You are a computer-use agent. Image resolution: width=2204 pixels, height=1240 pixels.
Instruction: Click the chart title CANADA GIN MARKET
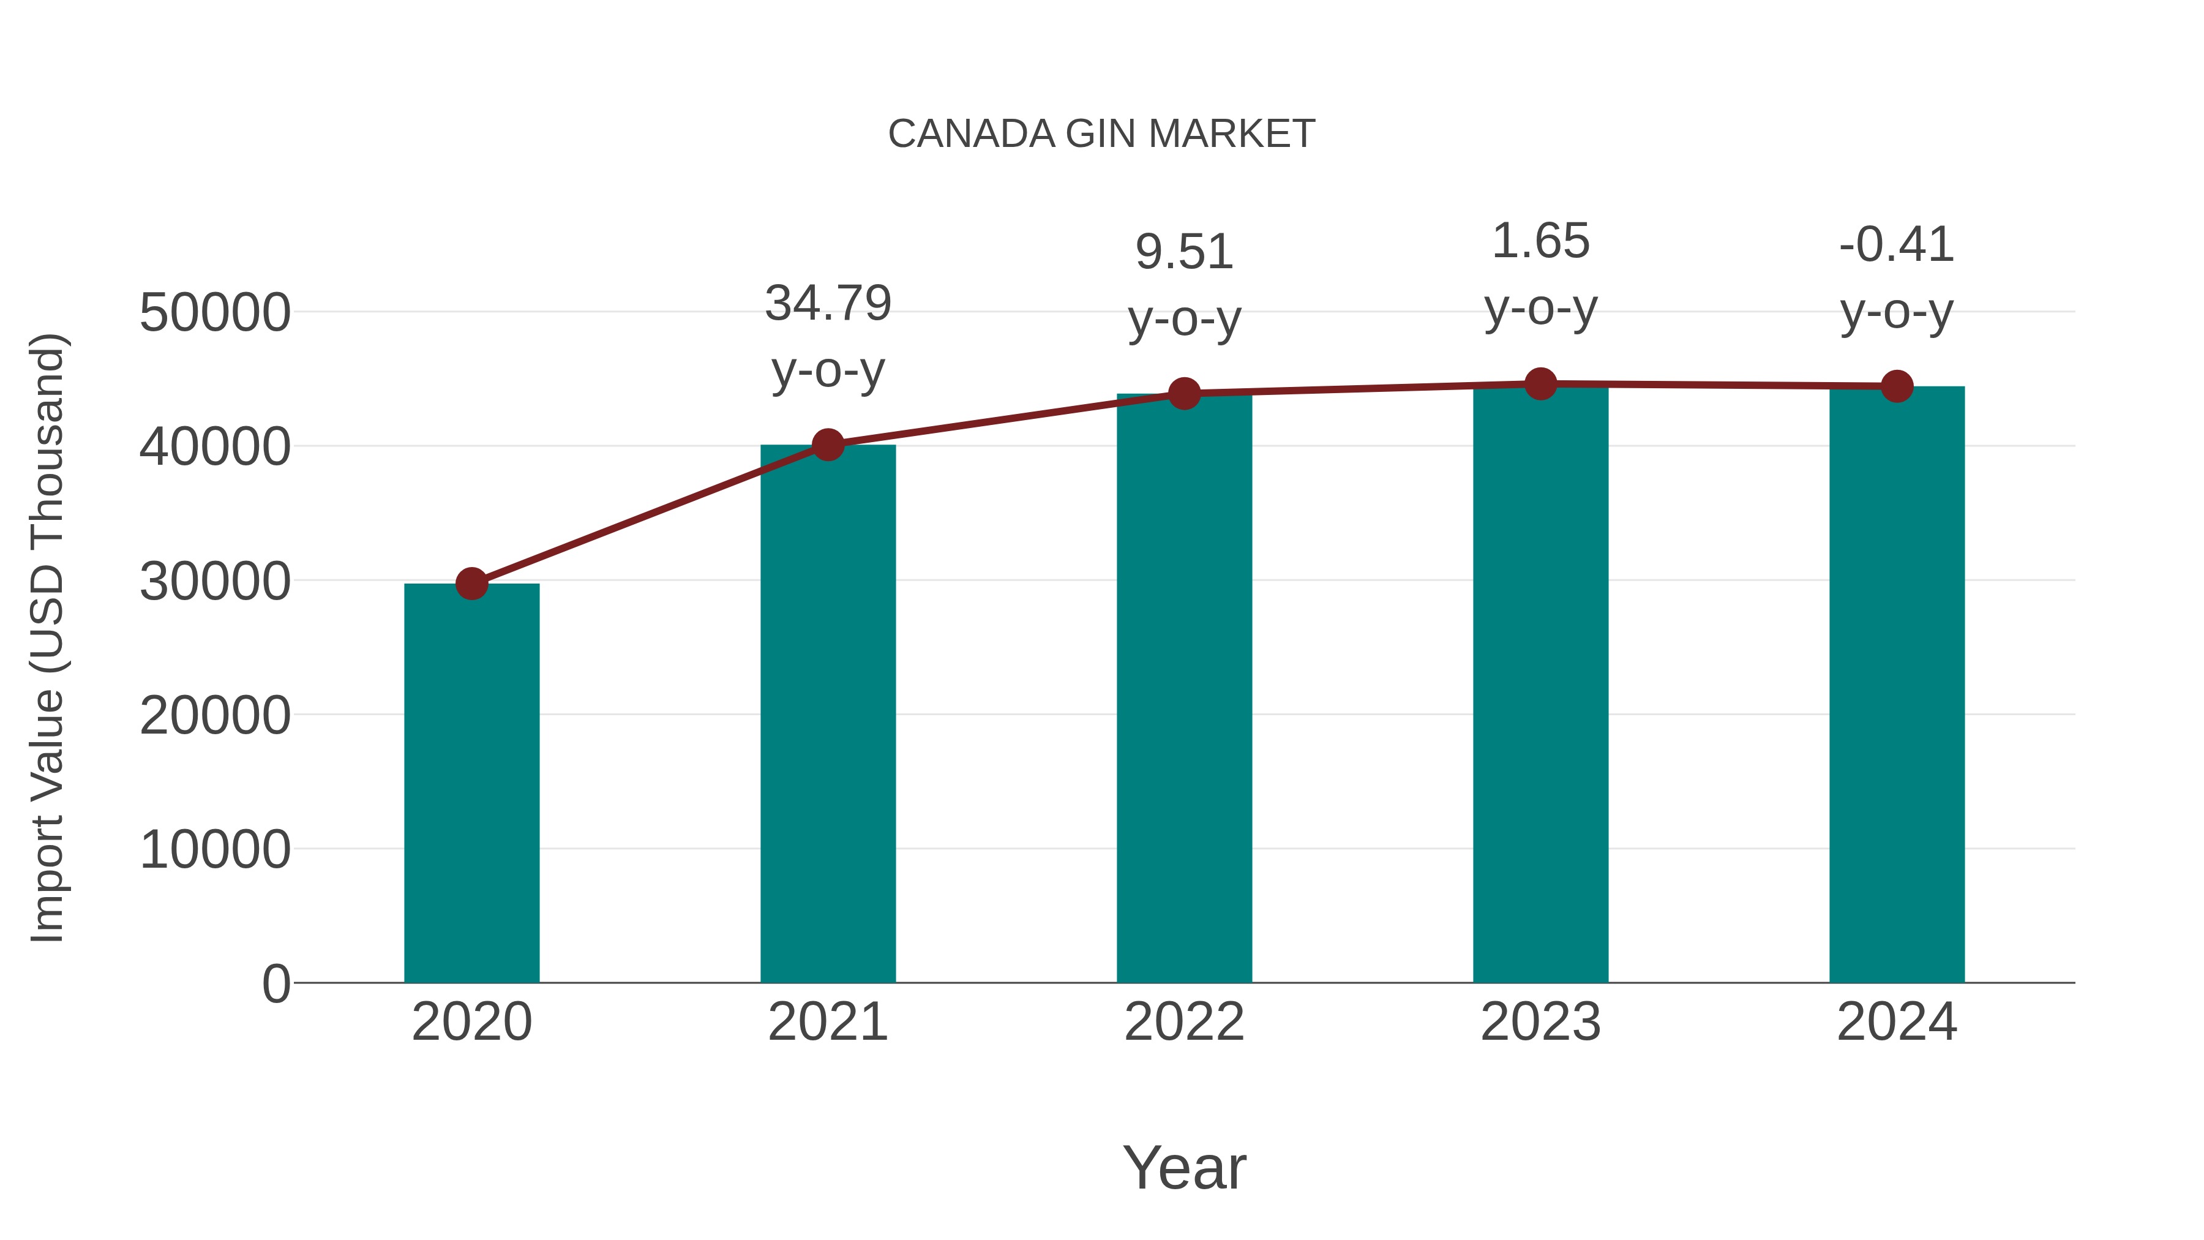pyautogui.click(x=1101, y=134)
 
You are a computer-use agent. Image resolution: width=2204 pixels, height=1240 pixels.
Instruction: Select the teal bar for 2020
pyautogui.click(x=471, y=783)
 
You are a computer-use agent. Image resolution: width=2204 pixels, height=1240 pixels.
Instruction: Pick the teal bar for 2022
pyautogui.click(x=1184, y=688)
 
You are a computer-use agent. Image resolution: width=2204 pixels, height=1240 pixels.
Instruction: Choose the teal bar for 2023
pyautogui.click(x=1540, y=685)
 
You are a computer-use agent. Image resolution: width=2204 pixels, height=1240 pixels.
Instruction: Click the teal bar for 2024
pyautogui.click(x=1897, y=685)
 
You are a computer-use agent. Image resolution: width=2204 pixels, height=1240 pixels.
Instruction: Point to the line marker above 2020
pyautogui.click(x=471, y=585)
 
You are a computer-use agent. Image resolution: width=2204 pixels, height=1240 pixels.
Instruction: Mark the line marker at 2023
pyautogui.click(x=1540, y=384)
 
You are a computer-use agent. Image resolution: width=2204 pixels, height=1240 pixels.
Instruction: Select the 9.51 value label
pyautogui.click(x=1184, y=252)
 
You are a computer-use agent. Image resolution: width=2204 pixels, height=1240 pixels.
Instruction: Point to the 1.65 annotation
pyautogui.click(x=1540, y=241)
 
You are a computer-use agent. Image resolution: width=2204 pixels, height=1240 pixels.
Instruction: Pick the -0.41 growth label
pyautogui.click(x=1897, y=245)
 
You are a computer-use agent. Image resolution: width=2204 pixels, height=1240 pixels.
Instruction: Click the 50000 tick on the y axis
pyautogui.click(x=215, y=312)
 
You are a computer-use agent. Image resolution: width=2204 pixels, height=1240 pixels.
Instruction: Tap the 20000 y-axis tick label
pyautogui.click(x=215, y=715)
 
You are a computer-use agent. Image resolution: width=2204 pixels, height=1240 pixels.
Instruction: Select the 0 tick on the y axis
pyautogui.click(x=275, y=983)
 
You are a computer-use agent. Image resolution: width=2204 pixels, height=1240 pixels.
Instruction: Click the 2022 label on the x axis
pyautogui.click(x=1184, y=1022)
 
